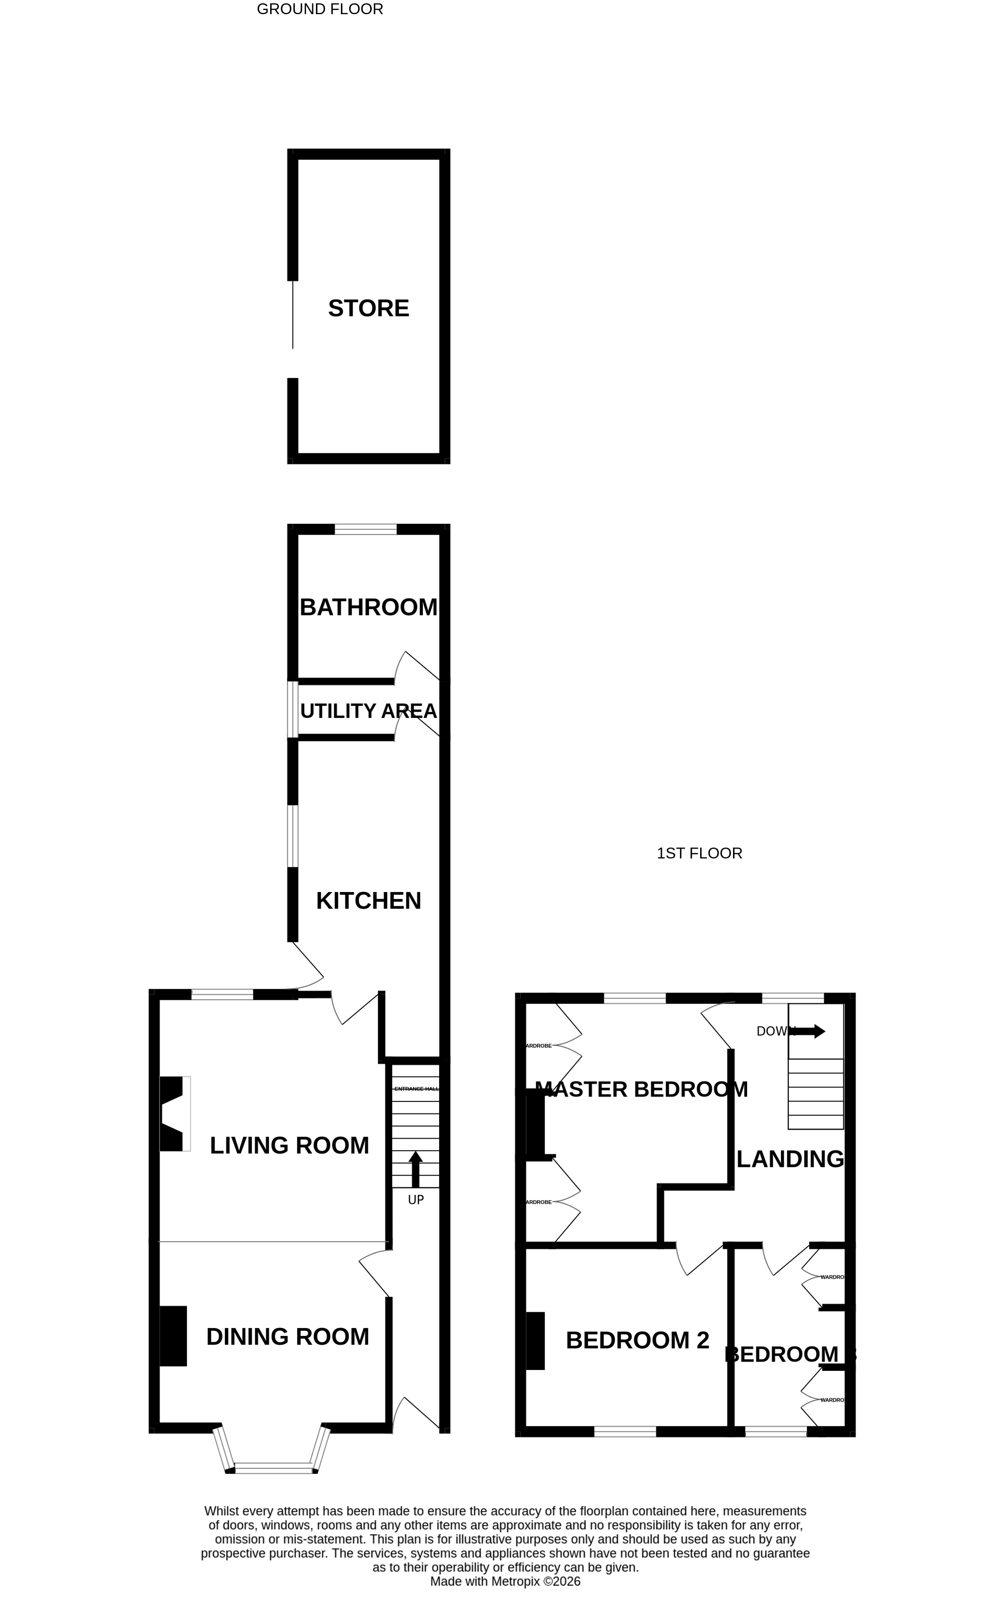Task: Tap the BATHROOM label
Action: coord(368,607)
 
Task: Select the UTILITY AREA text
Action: coord(368,711)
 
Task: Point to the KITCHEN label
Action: coord(368,901)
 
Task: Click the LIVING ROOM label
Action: coord(290,1145)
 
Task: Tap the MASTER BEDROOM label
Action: coord(641,1089)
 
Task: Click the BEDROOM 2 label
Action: coord(637,1340)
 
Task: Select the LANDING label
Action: coord(790,1159)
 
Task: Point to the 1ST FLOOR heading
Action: coord(699,854)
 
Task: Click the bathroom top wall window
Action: coord(365,529)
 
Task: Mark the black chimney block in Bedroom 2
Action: coord(535,1340)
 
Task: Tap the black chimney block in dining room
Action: coord(173,1336)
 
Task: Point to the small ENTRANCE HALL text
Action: coord(416,1089)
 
